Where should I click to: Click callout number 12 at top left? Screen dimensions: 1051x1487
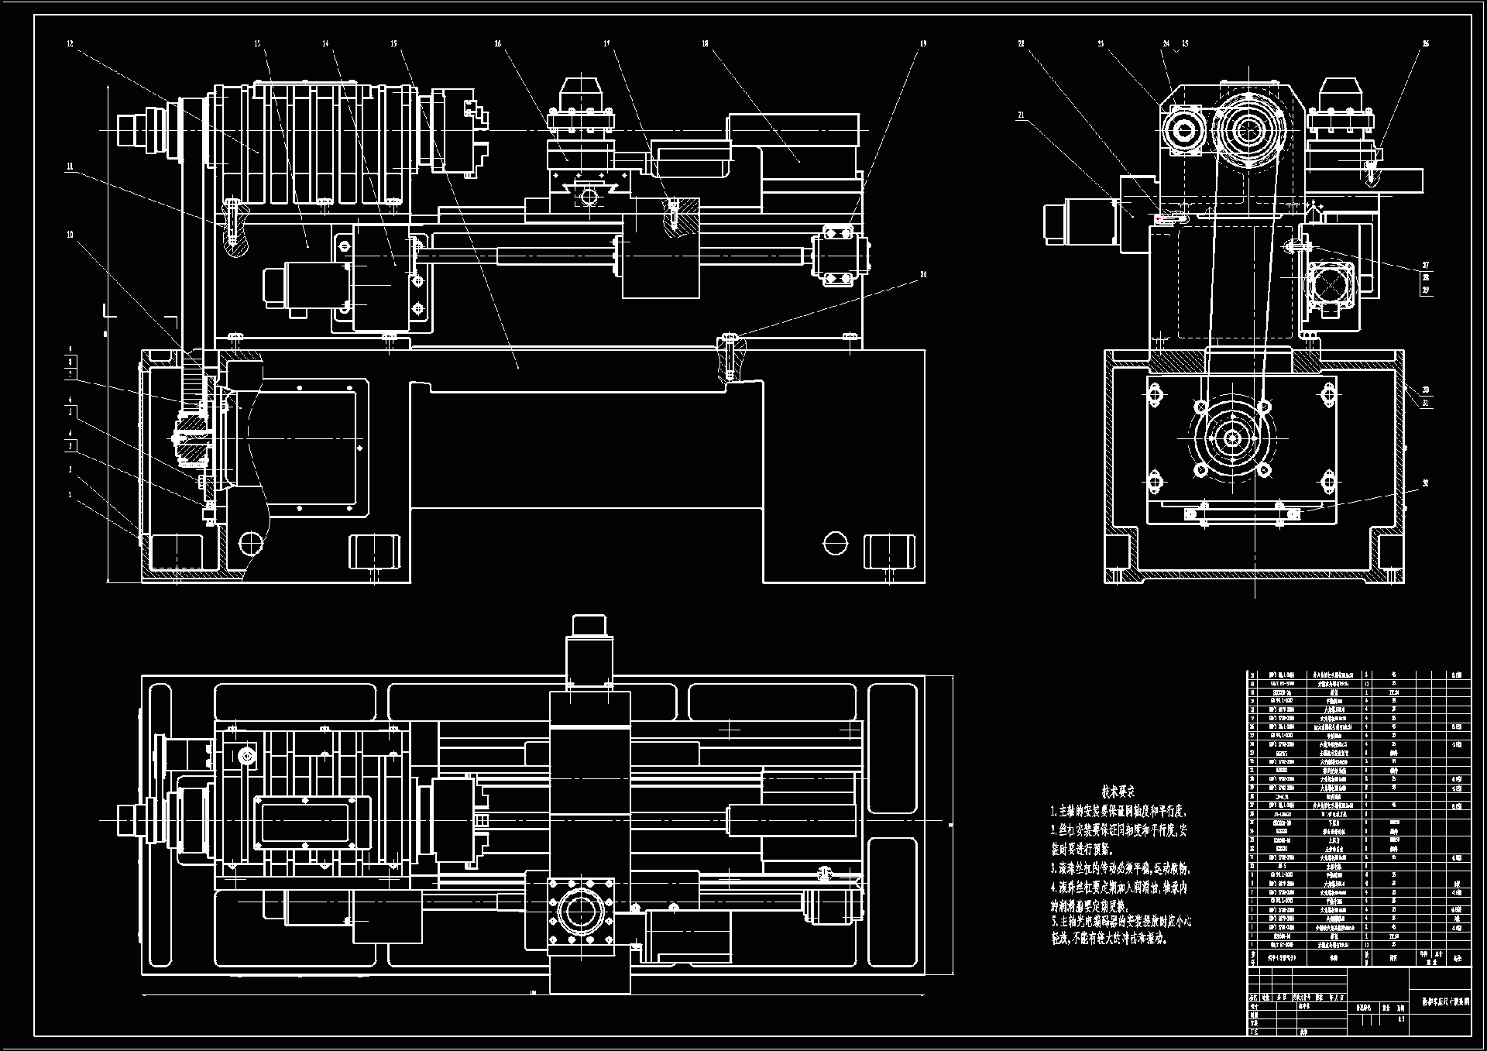pyautogui.click(x=70, y=44)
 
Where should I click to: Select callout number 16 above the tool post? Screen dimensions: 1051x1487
pyautogui.click(x=498, y=44)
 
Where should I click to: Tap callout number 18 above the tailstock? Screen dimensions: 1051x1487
pyautogui.click(x=705, y=44)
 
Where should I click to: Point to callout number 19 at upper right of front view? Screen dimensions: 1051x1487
pyautogui.click(x=923, y=44)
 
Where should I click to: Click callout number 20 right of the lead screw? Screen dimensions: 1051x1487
pyautogui.click(x=923, y=274)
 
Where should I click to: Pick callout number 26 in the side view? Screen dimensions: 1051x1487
pyautogui.click(x=1426, y=44)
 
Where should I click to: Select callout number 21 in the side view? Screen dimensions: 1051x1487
pyautogui.click(x=1021, y=115)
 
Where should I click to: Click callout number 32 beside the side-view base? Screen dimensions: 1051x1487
pyautogui.click(x=1425, y=483)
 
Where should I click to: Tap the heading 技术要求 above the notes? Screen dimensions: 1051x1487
pyautogui.click(x=1118, y=792)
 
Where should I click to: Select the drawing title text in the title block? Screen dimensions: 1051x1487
pyautogui.click(x=1445, y=1001)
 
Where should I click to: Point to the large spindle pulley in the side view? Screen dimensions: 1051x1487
pyautogui.click(x=1248, y=130)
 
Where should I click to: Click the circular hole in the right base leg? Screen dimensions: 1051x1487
pyautogui.click(x=835, y=543)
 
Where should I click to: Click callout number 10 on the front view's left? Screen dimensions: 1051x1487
pyautogui.click(x=70, y=235)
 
